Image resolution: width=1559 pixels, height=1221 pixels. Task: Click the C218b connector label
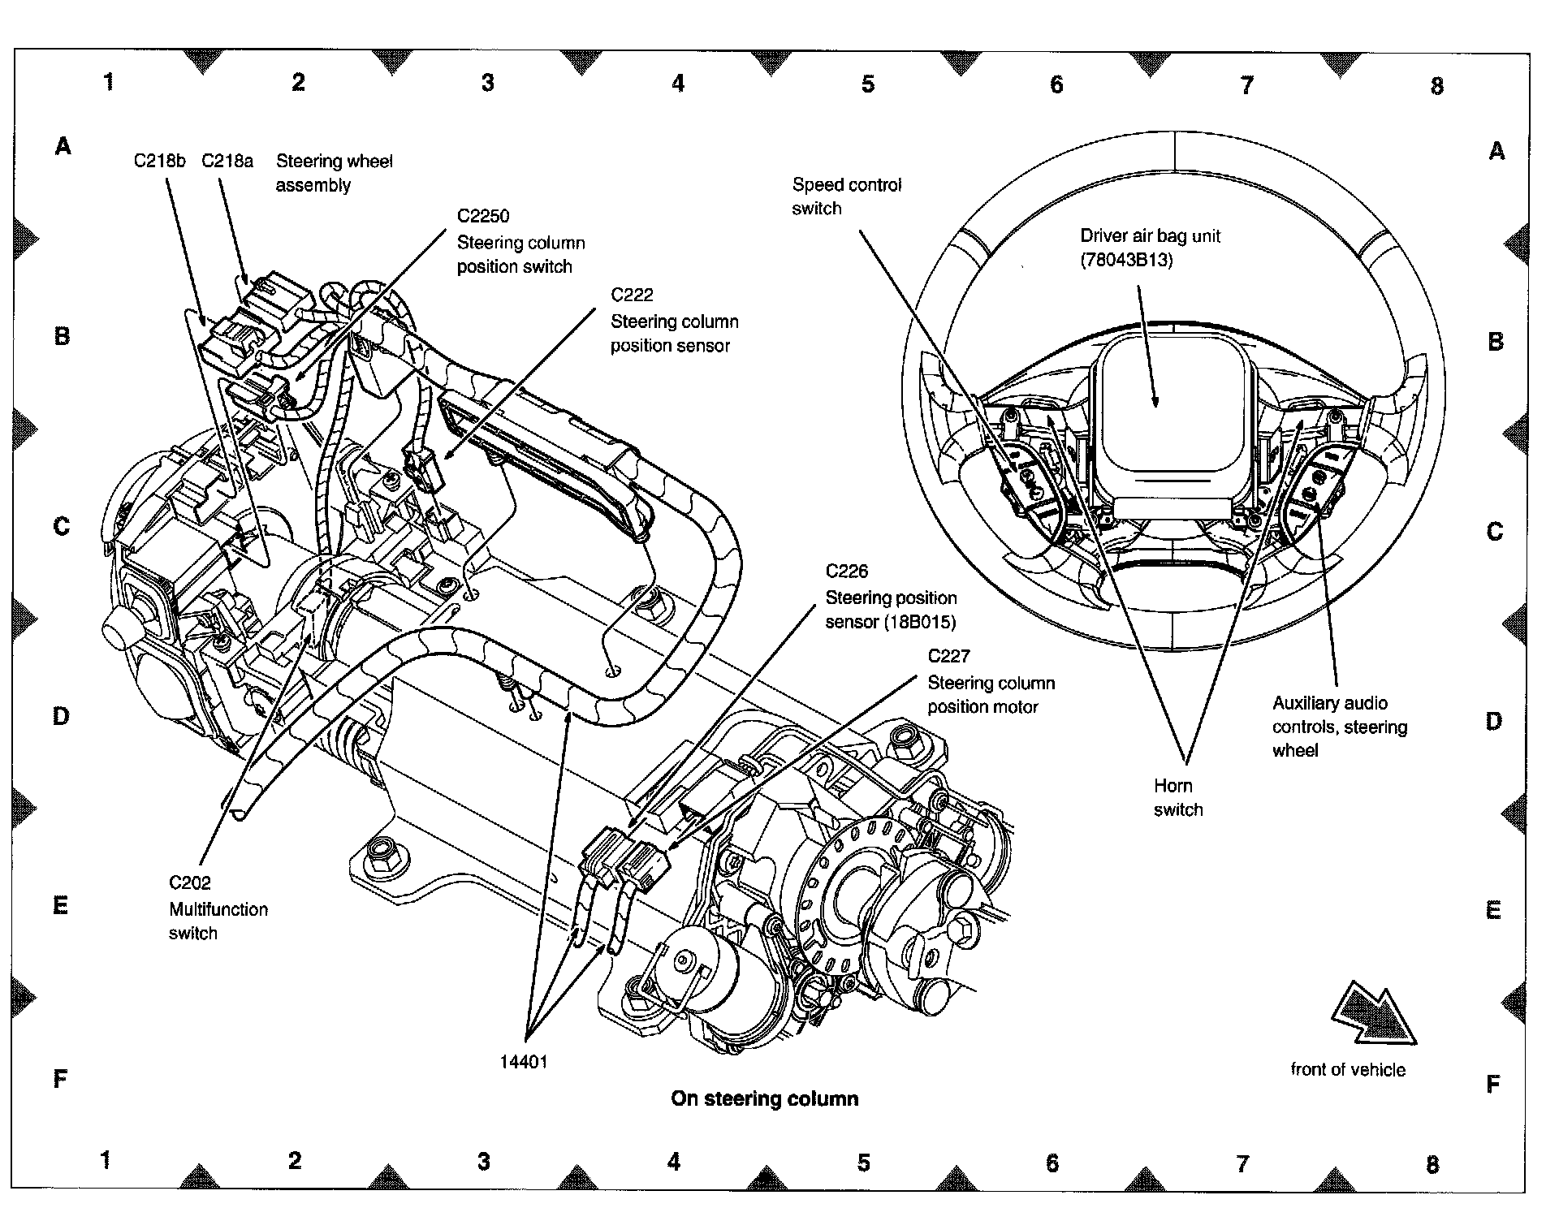click(x=159, y=161)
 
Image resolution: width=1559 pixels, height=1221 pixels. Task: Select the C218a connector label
click(x=227, y=161)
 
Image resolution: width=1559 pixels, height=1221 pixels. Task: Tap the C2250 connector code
click(x=483, y=216)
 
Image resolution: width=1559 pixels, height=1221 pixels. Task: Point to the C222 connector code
click(x=632, y=295)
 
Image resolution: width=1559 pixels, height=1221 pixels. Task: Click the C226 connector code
click(x=846, y=572)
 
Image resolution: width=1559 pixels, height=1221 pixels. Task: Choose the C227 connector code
click(x=948, y=656)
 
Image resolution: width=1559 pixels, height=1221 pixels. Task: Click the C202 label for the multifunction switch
click(x=190, y=883)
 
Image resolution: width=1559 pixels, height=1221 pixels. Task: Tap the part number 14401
click(x=524, y=1062)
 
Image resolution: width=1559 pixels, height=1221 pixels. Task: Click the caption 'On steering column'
click(x=764, y=1099)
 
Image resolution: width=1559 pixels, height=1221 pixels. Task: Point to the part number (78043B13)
click(x=1126, y=261)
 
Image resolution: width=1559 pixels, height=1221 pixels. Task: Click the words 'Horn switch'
click(x=1177, y=797)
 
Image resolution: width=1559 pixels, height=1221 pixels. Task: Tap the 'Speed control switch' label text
click(x=846, y=196)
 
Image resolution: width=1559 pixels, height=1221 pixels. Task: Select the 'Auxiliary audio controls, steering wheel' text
click(x=1339, y=727)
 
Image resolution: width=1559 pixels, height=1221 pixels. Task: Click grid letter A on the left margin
click(x=63, y=147)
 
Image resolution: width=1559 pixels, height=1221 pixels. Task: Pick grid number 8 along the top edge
click(x=1436, y=86)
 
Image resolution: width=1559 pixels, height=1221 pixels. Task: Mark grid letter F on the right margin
click(x=1492, y=1085)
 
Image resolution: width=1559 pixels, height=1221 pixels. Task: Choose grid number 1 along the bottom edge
click(x=106, y=1160)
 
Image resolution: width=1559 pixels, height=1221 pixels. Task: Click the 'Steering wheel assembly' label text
click(x=334, y=173)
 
